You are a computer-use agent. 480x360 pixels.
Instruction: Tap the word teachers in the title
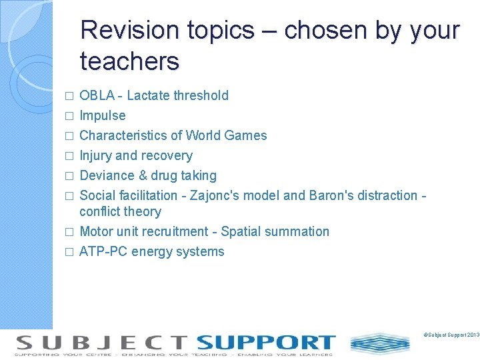[129, 61]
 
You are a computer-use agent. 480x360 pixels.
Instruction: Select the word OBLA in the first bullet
[100, 95]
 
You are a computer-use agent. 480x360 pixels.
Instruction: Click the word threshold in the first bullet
[201, 95]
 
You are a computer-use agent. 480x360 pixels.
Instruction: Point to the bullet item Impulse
[102, 115]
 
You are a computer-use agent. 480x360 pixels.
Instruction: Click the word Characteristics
[123, 135]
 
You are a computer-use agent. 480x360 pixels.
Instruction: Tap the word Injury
[95, 155]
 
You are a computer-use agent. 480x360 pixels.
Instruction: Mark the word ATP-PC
[103, 251]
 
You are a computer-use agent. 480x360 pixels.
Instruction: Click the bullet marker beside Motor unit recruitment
[67, 232]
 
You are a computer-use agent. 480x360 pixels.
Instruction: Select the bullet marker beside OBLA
[67, 96]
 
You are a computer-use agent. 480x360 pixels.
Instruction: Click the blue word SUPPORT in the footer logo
[265, 343]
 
